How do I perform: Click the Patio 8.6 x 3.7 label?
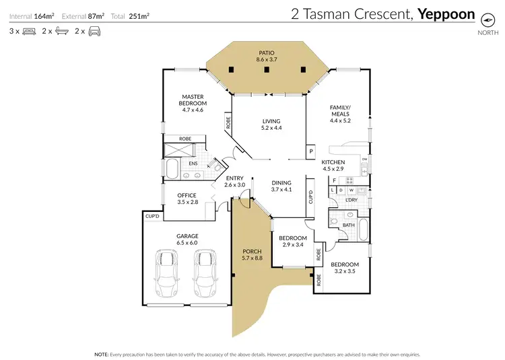click(267, 56)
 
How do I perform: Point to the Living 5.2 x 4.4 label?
click(271, 124)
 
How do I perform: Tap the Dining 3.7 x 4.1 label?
click(281, 186)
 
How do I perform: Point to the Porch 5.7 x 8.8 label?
click(252, 255)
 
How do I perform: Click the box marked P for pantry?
click(310, 151)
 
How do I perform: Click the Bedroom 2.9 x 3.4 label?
click(293, 242)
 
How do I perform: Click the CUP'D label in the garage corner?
click(152, 216)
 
